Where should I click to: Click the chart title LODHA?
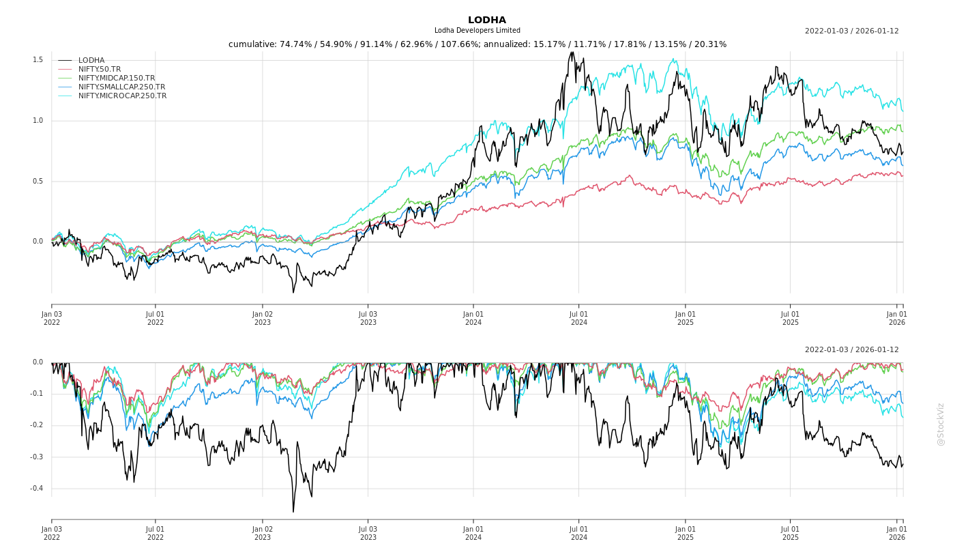(487, 20)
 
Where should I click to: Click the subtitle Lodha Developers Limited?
(477, 31)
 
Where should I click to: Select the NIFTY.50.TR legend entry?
(100, 69)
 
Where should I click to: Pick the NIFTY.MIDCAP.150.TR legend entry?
(117, 78)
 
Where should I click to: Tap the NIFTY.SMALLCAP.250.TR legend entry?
(121, 87)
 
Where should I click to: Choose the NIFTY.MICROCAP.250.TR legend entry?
(122, 96)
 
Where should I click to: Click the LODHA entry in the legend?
(91, 60)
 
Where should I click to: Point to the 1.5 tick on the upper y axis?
(38, 60)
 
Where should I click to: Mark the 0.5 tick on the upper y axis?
(38, 182)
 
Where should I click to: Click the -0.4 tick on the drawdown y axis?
(36, 489)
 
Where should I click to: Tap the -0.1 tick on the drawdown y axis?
(36, 394)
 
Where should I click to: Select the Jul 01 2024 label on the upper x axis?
(579, 318)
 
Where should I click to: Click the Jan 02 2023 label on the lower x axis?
(263, 533)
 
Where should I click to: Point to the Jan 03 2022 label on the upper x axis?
(52, 318)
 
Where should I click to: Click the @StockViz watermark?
(941, 424)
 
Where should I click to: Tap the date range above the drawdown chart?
(851, 349)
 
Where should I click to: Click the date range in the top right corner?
(851, 31)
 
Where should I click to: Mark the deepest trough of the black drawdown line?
(293, 511)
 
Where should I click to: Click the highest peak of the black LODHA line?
(572, 53)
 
